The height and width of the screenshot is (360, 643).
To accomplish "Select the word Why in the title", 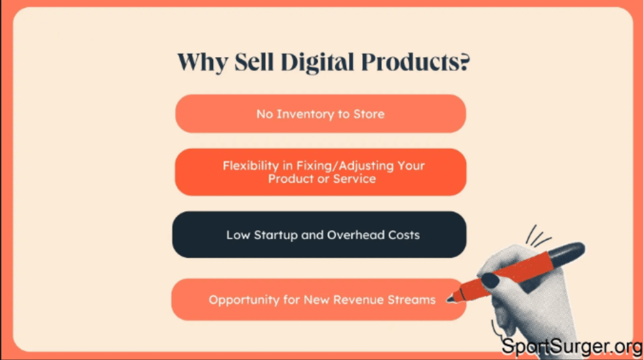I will point(197,63).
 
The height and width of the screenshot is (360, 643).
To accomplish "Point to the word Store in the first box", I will point(369,114).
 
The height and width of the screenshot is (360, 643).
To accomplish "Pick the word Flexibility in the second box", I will point(250,165).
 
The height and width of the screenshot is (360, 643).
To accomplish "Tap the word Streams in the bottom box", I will point(412,300).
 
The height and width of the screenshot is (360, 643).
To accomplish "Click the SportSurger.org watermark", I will point(571,347).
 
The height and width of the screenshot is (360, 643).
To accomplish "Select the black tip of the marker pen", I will point(451,299).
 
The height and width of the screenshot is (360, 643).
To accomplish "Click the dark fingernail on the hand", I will point(490,280).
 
